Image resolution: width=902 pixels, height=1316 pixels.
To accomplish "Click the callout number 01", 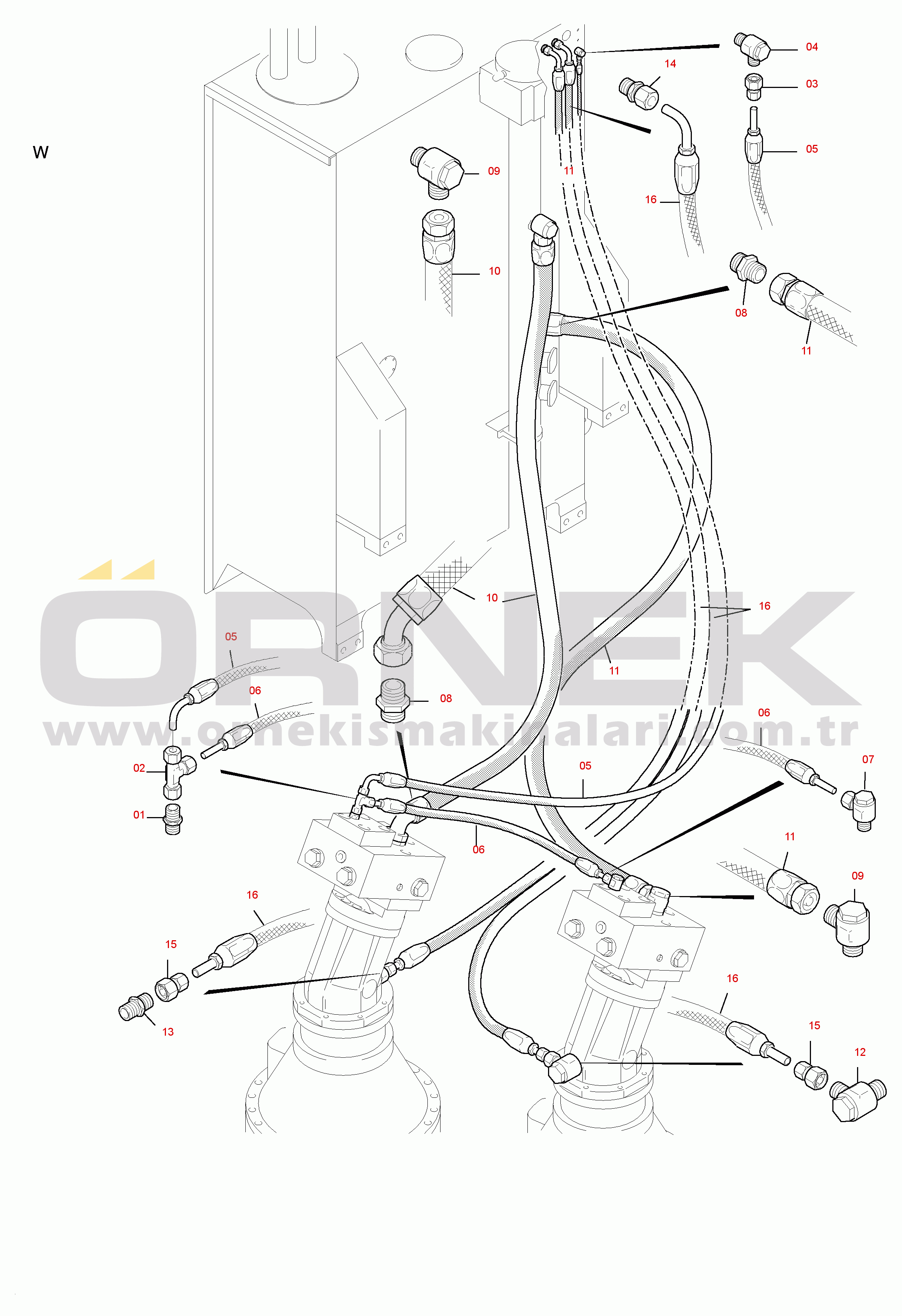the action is pyautogui.click(x=139, y=815).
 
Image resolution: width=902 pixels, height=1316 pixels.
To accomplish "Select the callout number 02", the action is pyautogui.click(x=139, y=768).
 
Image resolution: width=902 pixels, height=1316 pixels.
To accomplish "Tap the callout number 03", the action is pyautogui.click(x=812, y=84).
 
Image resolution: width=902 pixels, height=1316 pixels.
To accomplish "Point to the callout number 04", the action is pyautogui.click(x=812, y=47).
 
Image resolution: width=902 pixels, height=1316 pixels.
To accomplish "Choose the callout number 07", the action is pyautogui.click(x=868, y=759).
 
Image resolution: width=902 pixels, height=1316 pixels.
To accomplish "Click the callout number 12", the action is pyautogui.click(x=860, y=1052).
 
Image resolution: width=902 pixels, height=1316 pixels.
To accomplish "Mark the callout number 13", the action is pyautogui.click(x=168, y=1032).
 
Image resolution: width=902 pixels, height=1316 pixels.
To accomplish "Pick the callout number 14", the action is pyautogui.click(x=670, y=63).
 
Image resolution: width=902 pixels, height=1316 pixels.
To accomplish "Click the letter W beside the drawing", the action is pyautogui.click(x=41, y=152).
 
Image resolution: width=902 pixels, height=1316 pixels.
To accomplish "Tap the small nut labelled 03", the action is pyautogui.click(x=754, y=86).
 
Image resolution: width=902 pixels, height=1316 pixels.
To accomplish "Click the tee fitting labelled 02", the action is pyautogui.click(x=177, y=771).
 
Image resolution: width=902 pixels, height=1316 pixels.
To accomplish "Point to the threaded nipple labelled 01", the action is pyautogui.click(x=173, y=819).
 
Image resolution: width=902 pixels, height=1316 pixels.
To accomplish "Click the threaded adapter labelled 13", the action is pyautogui.click(x=137, y=1007).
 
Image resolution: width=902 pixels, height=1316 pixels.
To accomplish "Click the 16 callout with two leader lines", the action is pyautogui.click(x=764, y=606).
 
